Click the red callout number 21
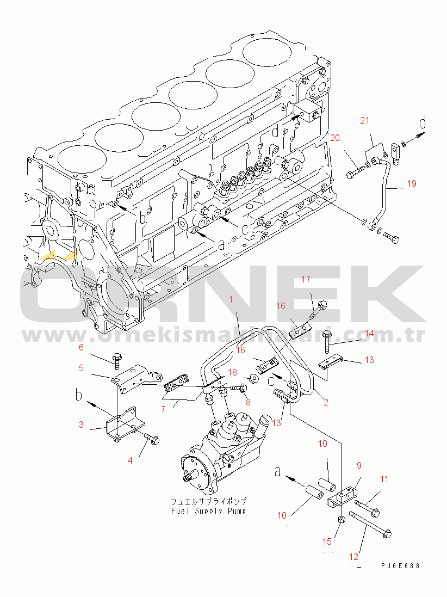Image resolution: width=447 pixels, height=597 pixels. point(365,120)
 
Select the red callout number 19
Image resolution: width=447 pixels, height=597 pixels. point(411,183)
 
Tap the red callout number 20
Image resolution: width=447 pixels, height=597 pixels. point(334,138)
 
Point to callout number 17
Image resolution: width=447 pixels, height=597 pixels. point(306,280)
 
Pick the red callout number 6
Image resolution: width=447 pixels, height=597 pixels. point(82,347)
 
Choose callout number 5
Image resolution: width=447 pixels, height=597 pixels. point(81,368)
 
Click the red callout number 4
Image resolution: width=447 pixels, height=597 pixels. point(130,460)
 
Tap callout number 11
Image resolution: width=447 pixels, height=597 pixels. point(384,479)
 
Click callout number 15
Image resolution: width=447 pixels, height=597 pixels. point(327,541)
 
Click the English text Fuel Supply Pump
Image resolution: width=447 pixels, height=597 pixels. point(209,512)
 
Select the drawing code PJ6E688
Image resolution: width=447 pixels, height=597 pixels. point(400,566)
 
